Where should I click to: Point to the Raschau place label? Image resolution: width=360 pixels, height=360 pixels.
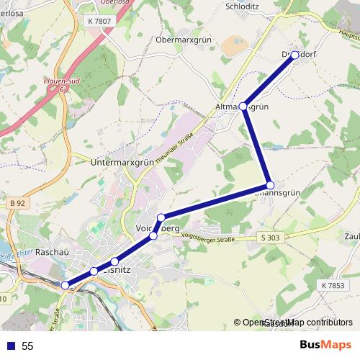(51, 253)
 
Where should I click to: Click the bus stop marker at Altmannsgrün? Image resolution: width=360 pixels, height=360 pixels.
(243, 107)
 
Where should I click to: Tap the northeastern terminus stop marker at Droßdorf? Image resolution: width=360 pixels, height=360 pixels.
(294, 55)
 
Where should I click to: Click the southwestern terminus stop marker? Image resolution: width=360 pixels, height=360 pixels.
(66, 286)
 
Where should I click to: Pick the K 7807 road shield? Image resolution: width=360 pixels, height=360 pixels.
(100, 22)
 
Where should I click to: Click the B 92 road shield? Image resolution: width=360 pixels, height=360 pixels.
(18, 204)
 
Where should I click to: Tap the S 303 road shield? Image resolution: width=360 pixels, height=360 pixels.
(271, 237)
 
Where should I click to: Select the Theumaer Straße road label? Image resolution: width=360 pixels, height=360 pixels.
(176, 147)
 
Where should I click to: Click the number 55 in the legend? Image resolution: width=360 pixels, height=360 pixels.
(28, 346)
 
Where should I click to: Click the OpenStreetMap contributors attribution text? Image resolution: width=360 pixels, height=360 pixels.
(297, 323)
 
